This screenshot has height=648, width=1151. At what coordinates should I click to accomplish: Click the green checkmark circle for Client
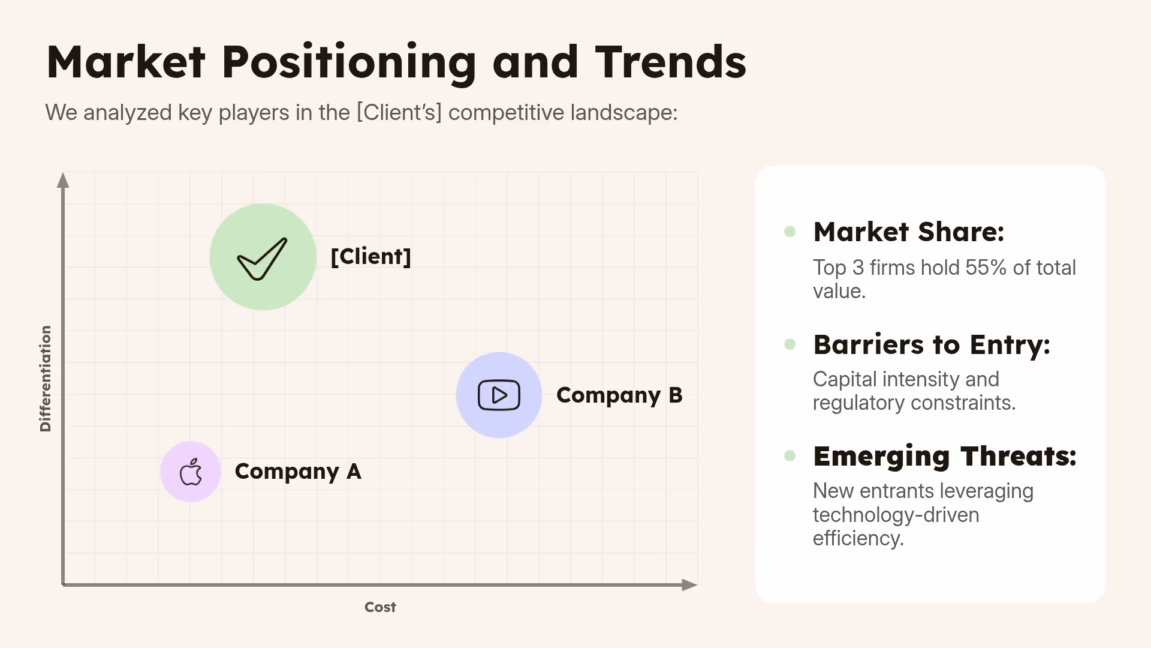point(263,257)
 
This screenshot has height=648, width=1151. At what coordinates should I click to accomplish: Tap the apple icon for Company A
point(191,472)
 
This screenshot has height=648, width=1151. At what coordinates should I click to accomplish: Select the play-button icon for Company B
point(499,395)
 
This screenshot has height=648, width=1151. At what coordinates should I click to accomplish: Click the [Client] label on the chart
point(370,257)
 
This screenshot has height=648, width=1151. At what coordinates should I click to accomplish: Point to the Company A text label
point(297,472)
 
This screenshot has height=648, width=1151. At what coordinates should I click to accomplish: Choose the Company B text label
point(619,395)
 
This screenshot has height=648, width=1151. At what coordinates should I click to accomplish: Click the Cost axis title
point(380,607)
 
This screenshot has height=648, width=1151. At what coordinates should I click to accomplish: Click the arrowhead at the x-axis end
point(689,585)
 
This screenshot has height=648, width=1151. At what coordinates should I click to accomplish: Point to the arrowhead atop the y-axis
point(63,181)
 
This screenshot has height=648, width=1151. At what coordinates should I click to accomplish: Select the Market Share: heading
point(908,232)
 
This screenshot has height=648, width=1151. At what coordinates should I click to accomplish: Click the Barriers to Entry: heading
point(931,345)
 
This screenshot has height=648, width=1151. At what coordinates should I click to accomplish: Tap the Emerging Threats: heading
point(944,457)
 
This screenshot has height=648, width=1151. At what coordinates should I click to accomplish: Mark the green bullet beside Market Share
point(790,232)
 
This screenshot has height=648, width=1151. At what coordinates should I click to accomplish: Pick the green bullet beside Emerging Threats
point(790,456)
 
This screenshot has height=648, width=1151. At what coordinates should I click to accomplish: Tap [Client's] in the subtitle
point(399,113)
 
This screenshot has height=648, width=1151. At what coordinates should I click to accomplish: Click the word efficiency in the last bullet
point(857,538)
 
